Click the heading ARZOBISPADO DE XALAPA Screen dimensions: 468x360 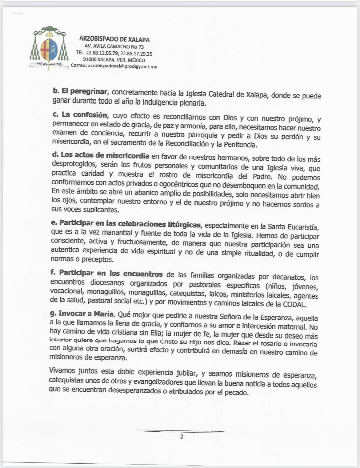[114, 40]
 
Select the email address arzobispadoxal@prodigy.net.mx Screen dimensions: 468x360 [123, 66]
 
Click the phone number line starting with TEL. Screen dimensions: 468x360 [114, 54]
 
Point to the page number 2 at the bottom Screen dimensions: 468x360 [182, 437]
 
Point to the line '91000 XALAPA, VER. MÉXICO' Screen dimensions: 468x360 [114, 60]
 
